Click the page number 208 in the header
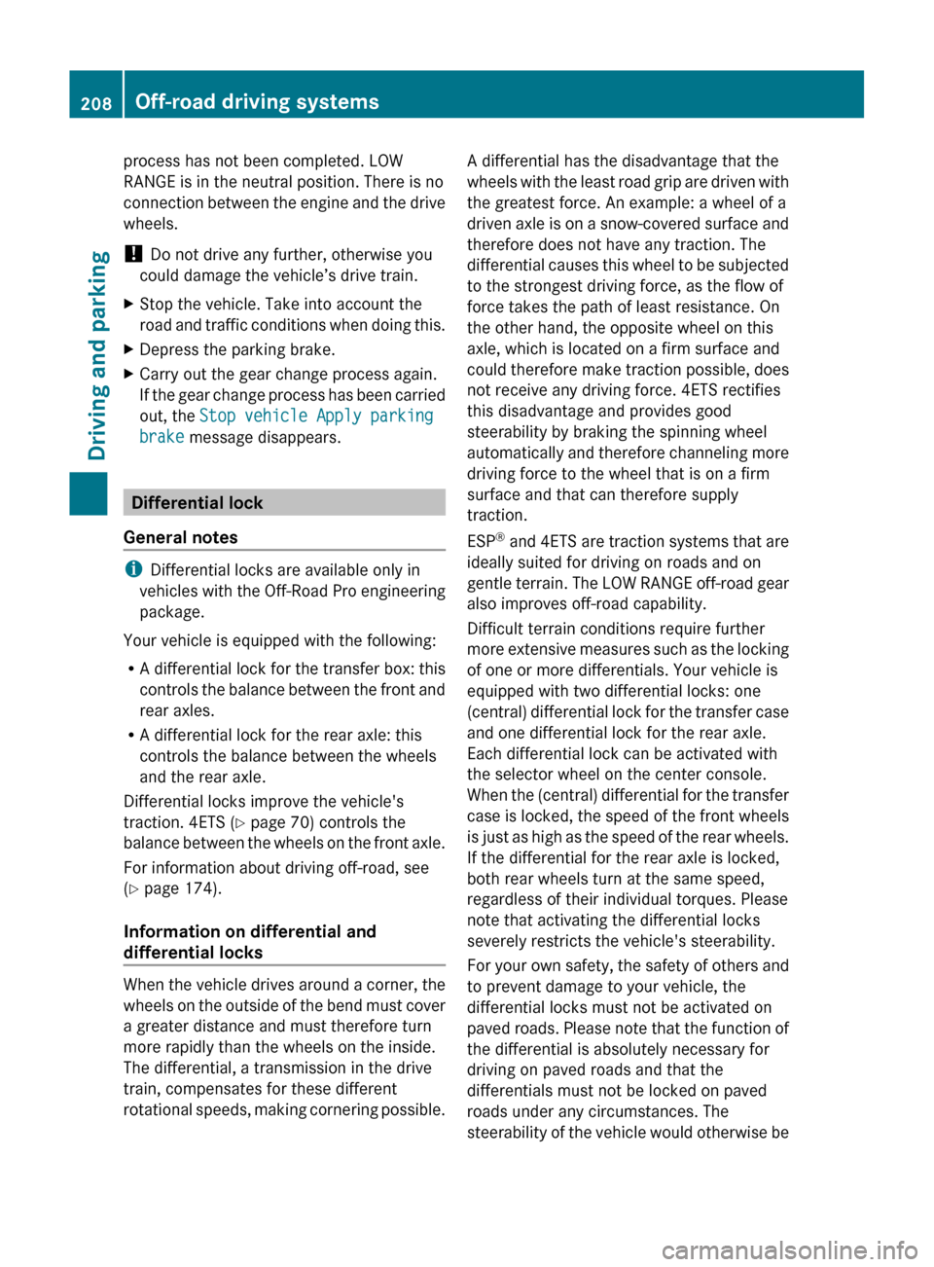click(95, 103)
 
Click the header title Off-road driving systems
click(257, 101)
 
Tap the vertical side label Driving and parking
click(97, 355)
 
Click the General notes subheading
click(181, 537)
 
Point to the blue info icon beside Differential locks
click(132, 569)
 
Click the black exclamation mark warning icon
click(133, 254)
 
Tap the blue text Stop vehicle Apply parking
click(316, 416)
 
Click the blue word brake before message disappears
click(162, 437)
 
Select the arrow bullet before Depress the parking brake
click(129, 349)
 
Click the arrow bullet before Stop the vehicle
click(129, 305)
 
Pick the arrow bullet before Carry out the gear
click(129, 374)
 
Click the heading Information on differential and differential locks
click(249, 942)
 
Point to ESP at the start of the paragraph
click(482, 542)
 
